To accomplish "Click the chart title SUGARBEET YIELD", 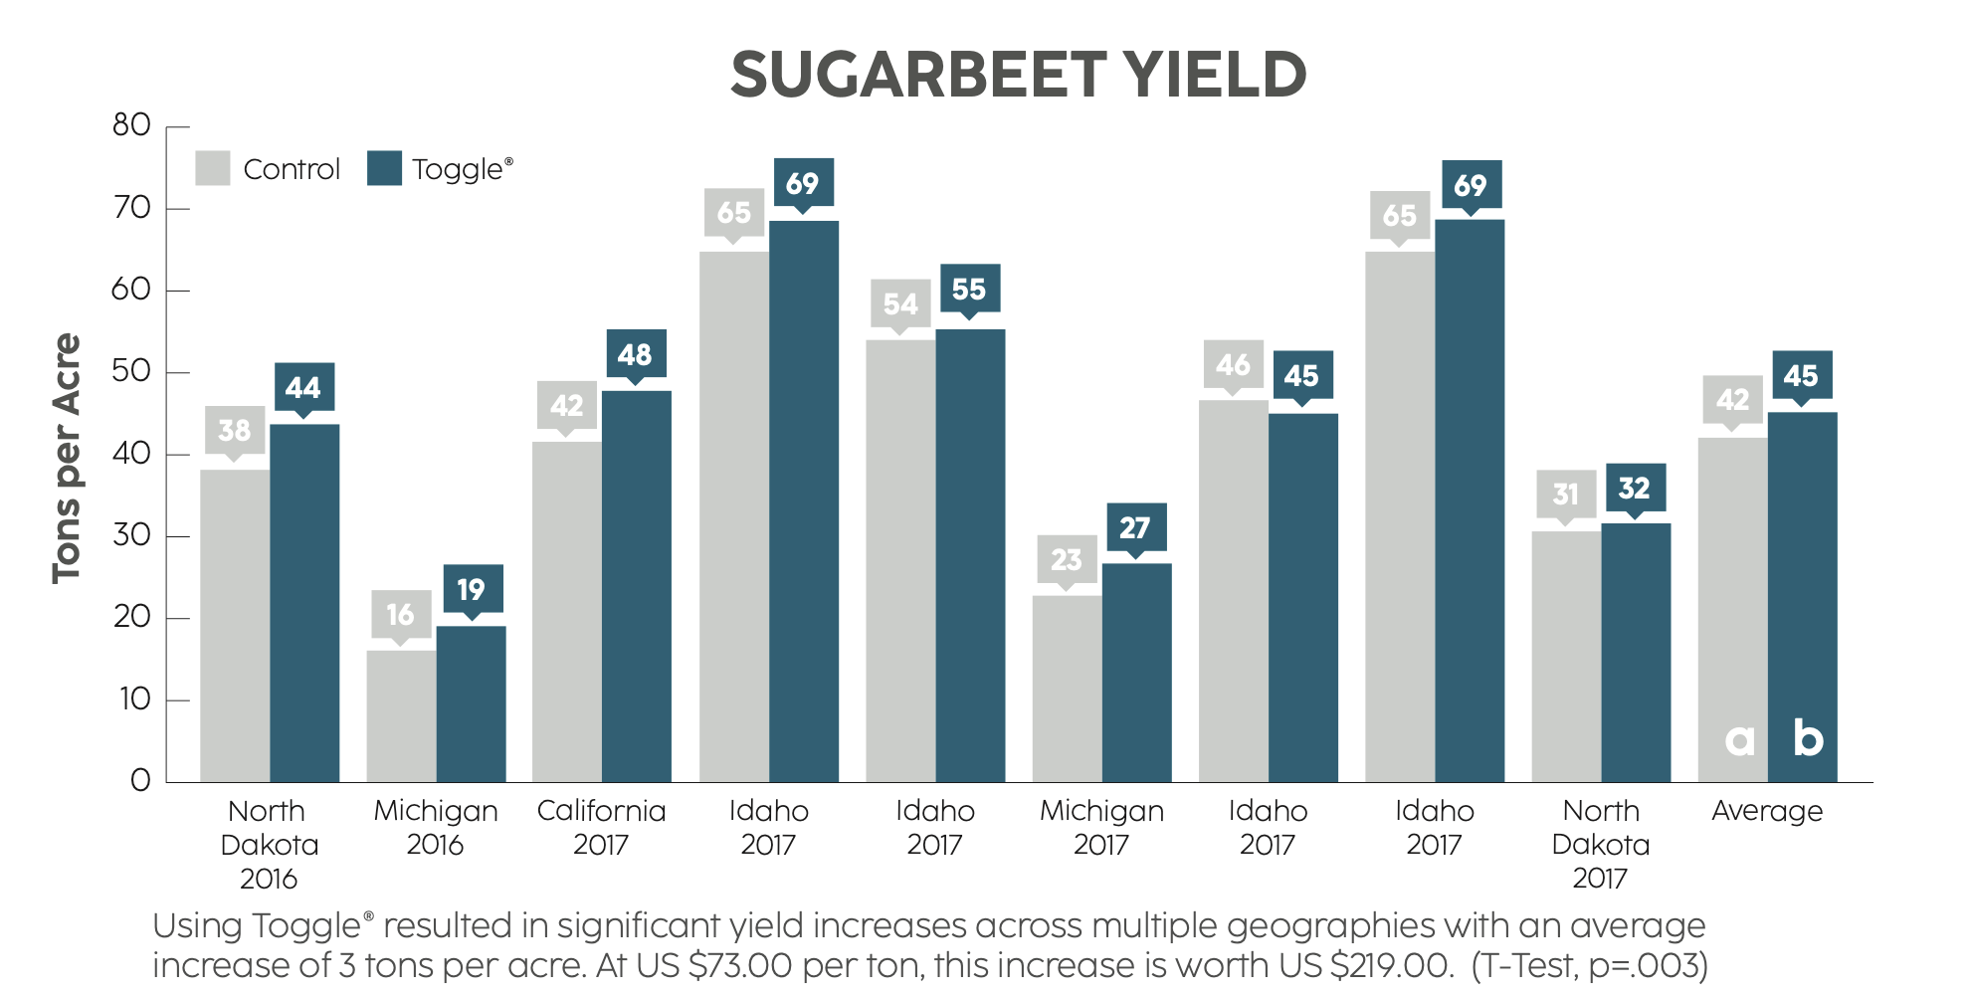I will tap(1018, 75).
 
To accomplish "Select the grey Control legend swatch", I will tap(212, 168).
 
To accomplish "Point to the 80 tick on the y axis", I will tap(131, 125).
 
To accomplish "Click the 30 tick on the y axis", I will tap(131, 535).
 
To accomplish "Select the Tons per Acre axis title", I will tap(67, 458).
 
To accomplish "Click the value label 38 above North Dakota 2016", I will tap(235, 430).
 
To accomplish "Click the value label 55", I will tap(968, 289).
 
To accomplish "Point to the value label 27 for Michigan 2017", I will tap(1135, 527).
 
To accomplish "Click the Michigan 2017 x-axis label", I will tap(1101, 827).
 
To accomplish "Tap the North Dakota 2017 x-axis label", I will tap(1600, 844).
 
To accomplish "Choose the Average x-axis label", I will tap(1767, 811).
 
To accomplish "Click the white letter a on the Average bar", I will tap(1739, 739).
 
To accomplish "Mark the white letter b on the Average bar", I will tap(1808, 738).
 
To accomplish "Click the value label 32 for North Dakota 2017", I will tap(1635, 488).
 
